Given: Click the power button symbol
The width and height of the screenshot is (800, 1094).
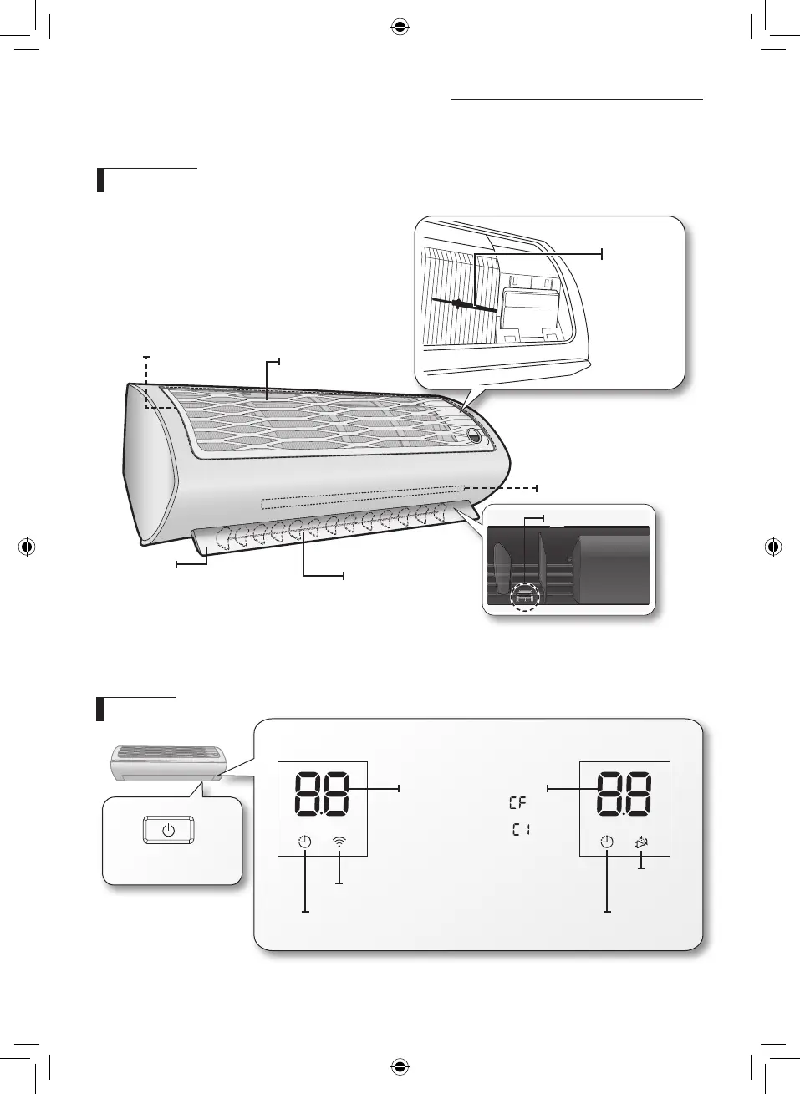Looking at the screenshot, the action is (168, 830).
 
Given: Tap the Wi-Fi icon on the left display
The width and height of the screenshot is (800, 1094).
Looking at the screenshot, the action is (339, 842).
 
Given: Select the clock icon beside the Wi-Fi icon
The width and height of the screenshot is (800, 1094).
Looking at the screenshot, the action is (304, 842).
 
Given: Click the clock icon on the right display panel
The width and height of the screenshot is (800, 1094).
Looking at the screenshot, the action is (607, 842).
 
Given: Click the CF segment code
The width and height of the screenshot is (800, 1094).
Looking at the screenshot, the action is (517, 803).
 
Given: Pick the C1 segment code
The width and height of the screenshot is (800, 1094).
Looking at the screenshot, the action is (521, 829).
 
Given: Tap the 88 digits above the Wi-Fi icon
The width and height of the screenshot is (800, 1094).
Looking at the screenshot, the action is (323, 794).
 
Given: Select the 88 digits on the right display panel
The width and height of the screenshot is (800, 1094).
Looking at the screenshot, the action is (624, 794).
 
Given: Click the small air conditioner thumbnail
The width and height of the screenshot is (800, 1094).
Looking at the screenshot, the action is (166, 762).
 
